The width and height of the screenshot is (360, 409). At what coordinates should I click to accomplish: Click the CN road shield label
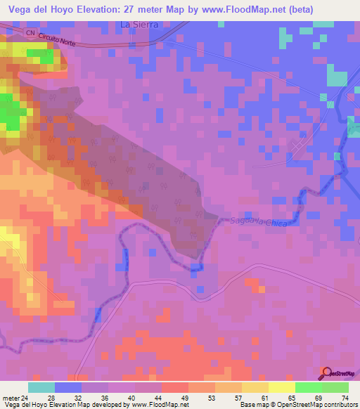(x=29, y=33)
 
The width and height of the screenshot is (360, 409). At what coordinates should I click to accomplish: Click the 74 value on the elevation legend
(x=345, y=397)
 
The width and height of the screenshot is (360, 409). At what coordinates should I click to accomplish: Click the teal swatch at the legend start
(x=41, y=387)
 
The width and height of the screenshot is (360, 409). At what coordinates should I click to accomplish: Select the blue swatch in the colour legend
(x=68, y=387)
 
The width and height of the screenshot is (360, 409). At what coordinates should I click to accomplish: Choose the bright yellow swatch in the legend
(x=281, y=387)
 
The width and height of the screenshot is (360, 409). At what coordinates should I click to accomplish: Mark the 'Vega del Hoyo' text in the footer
(x=22, y=405)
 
